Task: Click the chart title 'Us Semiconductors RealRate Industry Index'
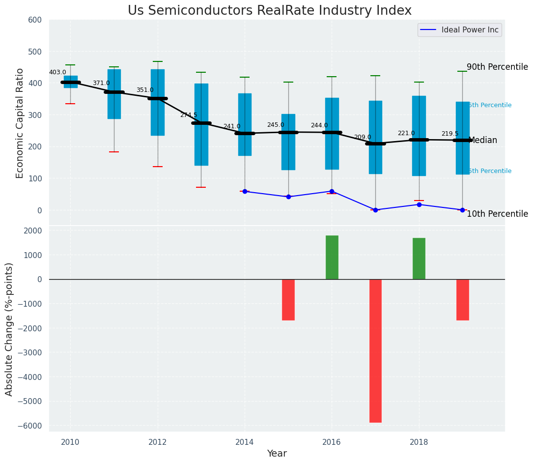[x=269, y=11]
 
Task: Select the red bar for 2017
[x=375, y=350]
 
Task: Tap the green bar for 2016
[x=332, y=258]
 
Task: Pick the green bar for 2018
[x=419, y=259]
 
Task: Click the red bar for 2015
[x=288, y=299]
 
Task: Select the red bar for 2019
[x=462, y=299]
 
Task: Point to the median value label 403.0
[x=57, y=72]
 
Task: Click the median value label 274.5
[x=188, y=115]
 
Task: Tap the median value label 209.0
[x=363, y=137]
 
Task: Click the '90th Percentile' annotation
[x=497, y=67]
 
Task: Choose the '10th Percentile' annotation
[x=497, y=214]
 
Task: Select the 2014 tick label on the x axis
[x=245, y=442]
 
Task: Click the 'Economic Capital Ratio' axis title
[x=20, y=123]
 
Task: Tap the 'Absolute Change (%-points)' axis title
[x=9, y=329]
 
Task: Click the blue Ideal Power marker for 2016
[x=332, y=191]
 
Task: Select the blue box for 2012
[x=158, y=102]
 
